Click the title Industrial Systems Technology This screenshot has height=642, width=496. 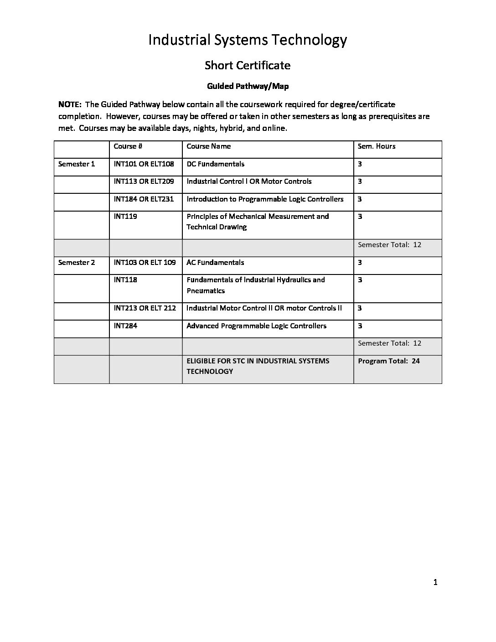coord(248,40)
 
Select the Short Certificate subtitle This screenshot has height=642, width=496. coord(248,65)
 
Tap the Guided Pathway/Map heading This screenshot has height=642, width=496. coord(248,86)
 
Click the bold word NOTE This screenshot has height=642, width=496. coord(69,104)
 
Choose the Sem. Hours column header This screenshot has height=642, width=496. coord(377,146)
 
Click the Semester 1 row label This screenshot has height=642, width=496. coord(77,164)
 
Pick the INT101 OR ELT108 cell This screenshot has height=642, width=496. coord(144,164)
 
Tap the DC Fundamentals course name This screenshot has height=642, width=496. coord(215,164)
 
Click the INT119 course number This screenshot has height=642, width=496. coord(125,217)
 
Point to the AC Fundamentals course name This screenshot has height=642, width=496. coord(215,263)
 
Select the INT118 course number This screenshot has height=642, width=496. coord(125,280)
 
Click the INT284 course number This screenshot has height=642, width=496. coord(125,326)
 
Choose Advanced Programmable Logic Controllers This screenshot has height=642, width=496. coord(256,326)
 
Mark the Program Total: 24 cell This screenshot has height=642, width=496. coord(389,361)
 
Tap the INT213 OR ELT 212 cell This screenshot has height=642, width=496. coord(145,308)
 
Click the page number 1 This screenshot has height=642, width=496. coord(435,582)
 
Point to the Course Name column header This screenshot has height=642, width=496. coord(208,146)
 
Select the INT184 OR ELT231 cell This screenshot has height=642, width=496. coord(144,199)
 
